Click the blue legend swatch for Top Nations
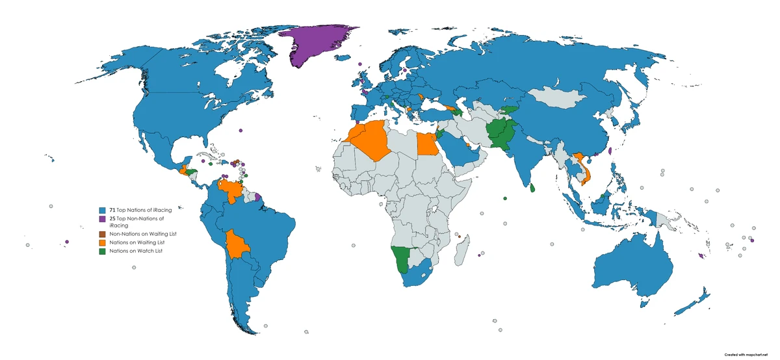point(103,211)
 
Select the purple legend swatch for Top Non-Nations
point(103,220)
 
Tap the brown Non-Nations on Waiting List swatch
point(103,233)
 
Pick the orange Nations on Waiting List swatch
point(103,242)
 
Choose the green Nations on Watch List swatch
point(103,251)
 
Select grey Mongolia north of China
point(559,101)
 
